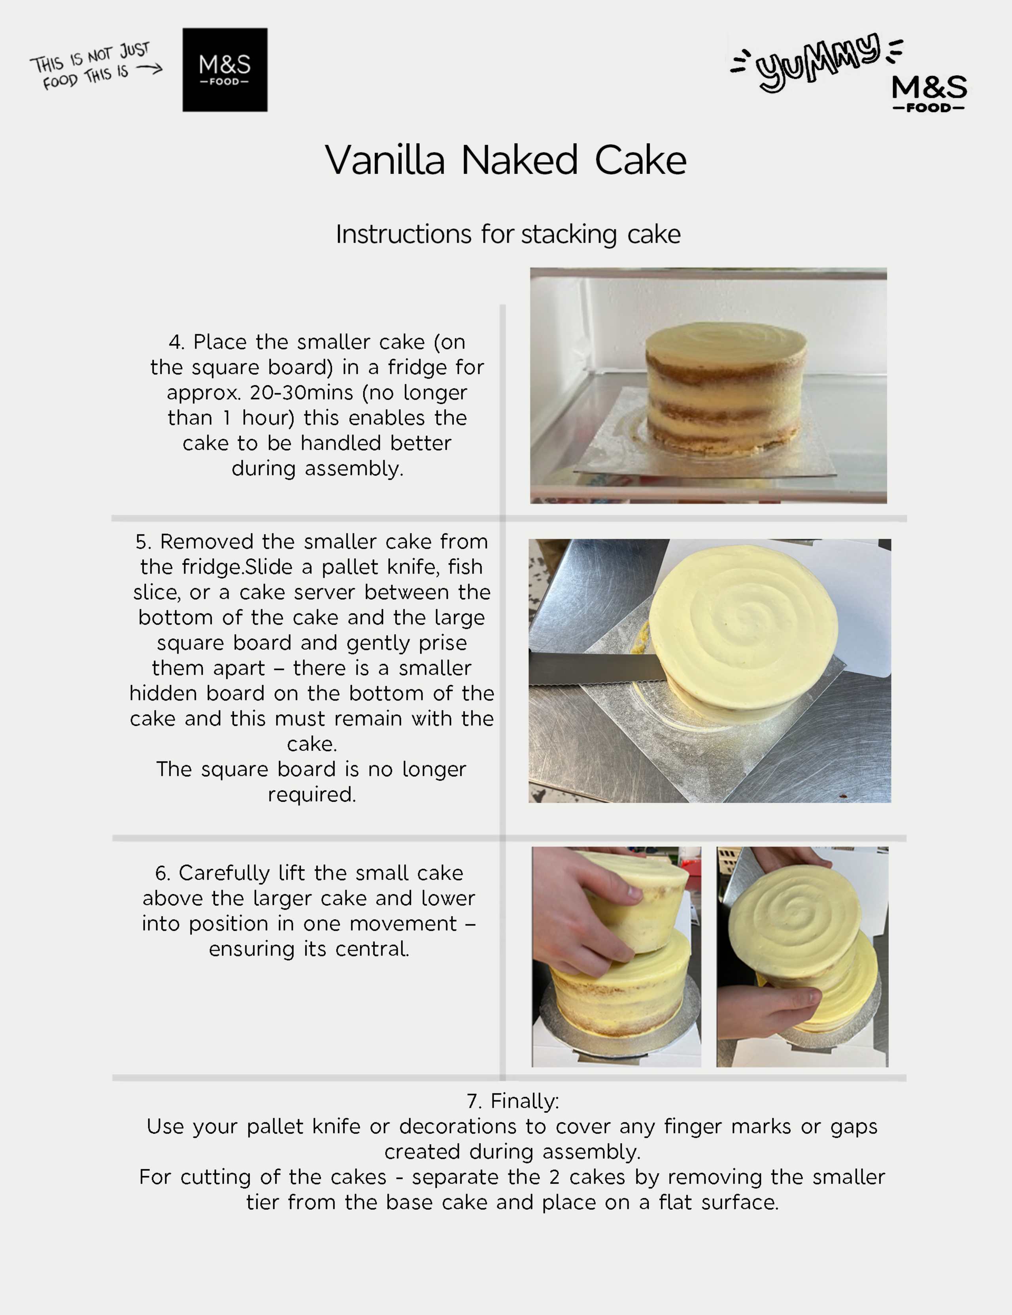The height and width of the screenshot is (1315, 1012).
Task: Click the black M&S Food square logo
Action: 225,70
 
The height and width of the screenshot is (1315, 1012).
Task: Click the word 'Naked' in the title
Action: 519,161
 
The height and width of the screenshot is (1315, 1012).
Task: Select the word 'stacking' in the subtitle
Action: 568,234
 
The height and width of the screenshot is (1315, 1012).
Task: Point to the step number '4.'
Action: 176,342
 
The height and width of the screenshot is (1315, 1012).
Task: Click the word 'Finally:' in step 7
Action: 525,1101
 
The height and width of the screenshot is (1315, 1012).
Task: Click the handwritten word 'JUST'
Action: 134,50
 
